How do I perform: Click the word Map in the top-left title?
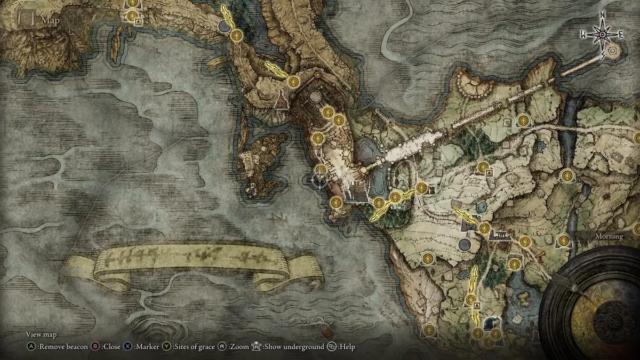tap(50, 21)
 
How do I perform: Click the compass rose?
tap(602, 34)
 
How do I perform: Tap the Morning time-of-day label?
tap(609, 236)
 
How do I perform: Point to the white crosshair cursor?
tap(320, 181)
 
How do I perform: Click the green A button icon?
tap(31, 347)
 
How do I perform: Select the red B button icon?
tap(95, 347)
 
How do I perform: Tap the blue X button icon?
tap(128, 347)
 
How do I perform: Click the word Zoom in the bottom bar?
tap(239, 347)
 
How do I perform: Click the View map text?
tap(42, 334)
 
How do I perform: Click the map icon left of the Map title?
tap(26, 20)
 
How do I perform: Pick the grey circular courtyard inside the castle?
tap(316, 97)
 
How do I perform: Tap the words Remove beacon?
tap(63, 347)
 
